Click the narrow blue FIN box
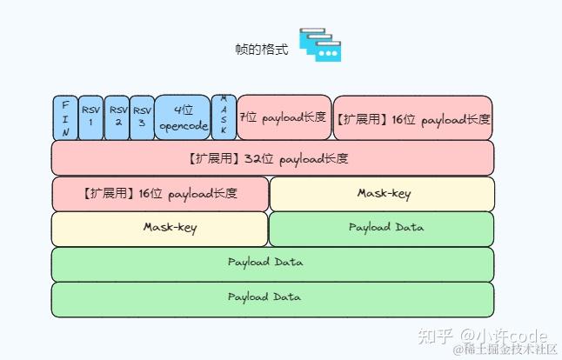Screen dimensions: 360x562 65,118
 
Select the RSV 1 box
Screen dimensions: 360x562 90,118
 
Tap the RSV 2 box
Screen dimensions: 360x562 117,118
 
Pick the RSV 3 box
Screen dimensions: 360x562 142,118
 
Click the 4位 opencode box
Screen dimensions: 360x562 183,118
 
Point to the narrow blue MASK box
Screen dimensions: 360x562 224,118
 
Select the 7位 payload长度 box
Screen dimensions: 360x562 284,117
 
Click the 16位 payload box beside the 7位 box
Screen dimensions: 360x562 413,118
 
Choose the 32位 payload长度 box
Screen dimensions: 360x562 272,158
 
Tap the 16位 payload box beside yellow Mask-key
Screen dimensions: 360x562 160,194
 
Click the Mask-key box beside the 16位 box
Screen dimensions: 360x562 382,194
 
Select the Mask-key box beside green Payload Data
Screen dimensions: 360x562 160,229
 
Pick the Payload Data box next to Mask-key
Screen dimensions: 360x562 382,229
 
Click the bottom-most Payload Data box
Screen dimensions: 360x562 272,298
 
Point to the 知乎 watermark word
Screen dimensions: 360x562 435,336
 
